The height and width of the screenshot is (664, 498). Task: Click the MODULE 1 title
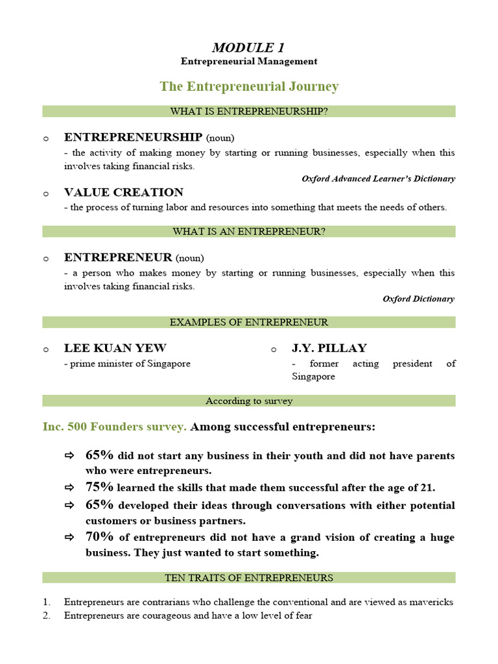[248, 47]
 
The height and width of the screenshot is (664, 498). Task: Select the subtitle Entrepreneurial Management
[248, 62]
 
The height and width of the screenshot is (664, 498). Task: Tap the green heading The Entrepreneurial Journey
[248, 86]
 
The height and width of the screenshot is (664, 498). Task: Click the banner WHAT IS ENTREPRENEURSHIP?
[248, 112]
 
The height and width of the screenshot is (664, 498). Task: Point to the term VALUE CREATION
[123, 193]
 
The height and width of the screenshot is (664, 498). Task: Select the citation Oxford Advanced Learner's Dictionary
[378, 178]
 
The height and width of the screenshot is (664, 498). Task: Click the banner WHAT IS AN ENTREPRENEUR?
[248, 231]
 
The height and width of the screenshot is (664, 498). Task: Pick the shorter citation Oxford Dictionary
[418, 299]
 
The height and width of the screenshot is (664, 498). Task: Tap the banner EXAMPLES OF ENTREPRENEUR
[248, 322]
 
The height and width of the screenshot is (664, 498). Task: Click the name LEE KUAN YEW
[115, 348]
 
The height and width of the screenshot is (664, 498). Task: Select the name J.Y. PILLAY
[329, 348]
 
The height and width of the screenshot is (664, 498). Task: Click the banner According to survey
[248, 401]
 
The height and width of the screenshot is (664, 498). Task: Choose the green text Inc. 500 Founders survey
[114, 427]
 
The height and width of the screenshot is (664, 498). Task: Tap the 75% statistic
[99, 488]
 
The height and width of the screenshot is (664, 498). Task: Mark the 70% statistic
[99, 537]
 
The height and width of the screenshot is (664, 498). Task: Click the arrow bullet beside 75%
[69, 488]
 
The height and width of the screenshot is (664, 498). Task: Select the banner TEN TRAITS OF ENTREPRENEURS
[248, 578]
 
